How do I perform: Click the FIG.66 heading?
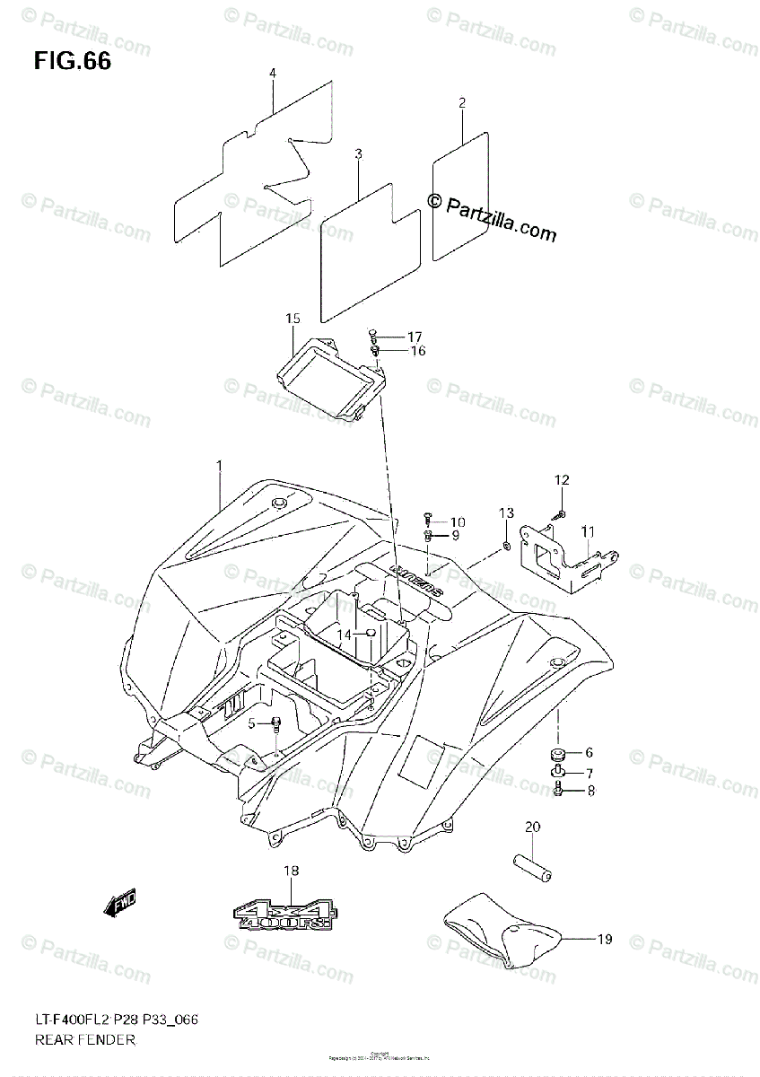[x=73, y=62]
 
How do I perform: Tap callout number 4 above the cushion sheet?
[x=273, y=73]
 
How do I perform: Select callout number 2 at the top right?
[x=461, y=103]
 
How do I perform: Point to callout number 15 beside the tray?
[x=293, y=319]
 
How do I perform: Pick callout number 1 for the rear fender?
[x=219, y=464]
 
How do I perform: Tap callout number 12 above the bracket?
[x=561, y=481]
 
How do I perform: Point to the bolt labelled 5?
[x=275, y=723]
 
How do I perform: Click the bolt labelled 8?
[x=558, y=791]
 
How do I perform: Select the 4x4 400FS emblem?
[x=284, y=912]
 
